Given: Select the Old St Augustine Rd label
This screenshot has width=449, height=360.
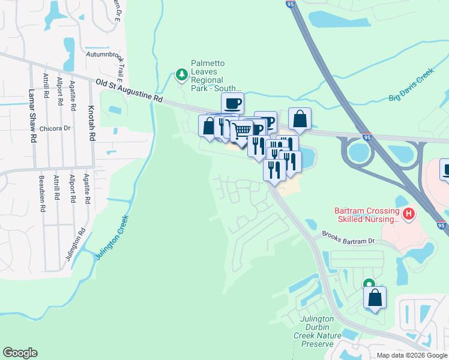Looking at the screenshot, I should (x=129, y=91).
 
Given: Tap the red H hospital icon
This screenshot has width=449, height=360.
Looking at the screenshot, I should (x=409, y=213).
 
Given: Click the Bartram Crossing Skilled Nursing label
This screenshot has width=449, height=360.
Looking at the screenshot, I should (x=367, y=215).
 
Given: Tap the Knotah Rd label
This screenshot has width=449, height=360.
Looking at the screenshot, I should (x=92, y=125).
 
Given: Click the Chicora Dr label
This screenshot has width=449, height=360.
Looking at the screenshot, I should (x=55, y=128).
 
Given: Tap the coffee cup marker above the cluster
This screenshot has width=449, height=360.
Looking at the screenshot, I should (x=232, y=103).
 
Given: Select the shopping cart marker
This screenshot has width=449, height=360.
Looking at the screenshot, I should (x=242, y=130).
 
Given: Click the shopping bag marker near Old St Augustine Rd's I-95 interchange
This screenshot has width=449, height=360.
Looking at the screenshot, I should (x=300, y=118).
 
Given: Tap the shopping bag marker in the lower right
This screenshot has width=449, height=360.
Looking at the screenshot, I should (x=375, y=297).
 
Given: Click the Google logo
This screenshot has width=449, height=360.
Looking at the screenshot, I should (x=20, y=353).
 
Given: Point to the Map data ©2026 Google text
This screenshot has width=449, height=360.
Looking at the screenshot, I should (x=412, y=355).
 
